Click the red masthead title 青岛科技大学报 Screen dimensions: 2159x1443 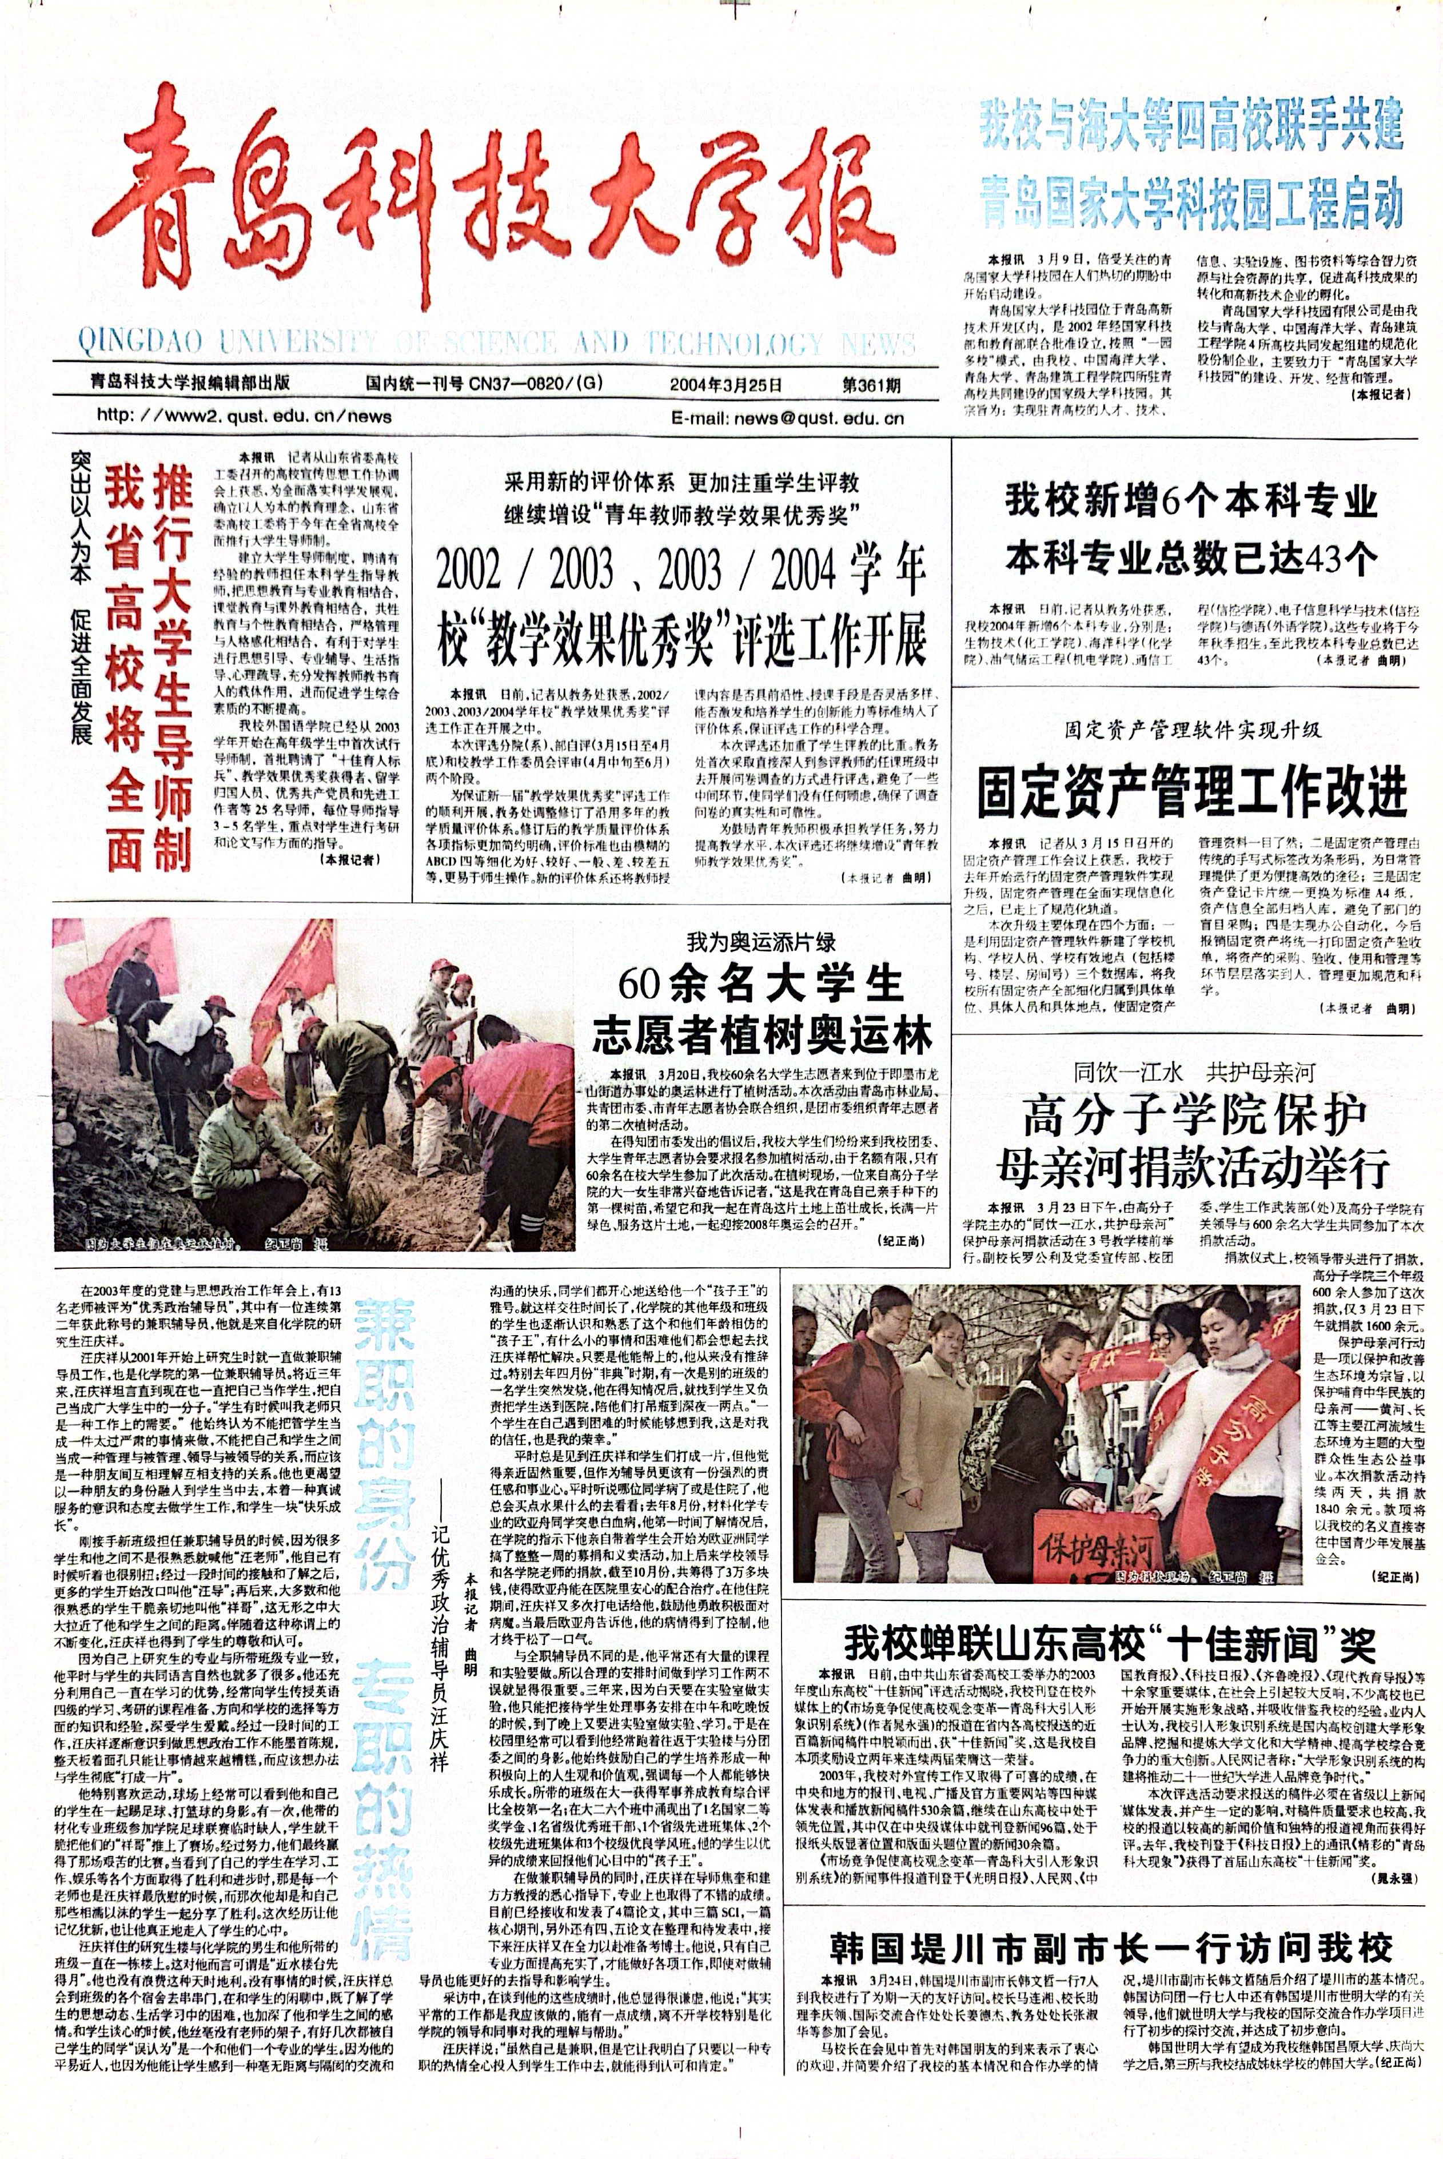pos(497,198)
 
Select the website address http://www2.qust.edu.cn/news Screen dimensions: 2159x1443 pos(244,416)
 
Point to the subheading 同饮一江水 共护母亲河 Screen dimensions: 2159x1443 pos(1194,1072)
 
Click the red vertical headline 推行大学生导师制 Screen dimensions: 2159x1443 pos(172,667)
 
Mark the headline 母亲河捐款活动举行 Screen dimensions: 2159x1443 pos(1193,1168)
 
